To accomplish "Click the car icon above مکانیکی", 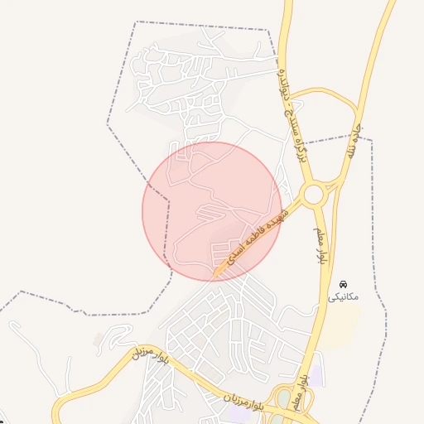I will [344, 285].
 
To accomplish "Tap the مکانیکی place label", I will [344, 296].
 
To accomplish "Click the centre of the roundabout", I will [313, 195].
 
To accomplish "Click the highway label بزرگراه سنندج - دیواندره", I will [292, 91].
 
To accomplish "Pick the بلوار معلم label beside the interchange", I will [301, 389].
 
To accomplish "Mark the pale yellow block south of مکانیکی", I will [340, 328].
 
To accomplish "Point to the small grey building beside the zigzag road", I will [101, 340].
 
